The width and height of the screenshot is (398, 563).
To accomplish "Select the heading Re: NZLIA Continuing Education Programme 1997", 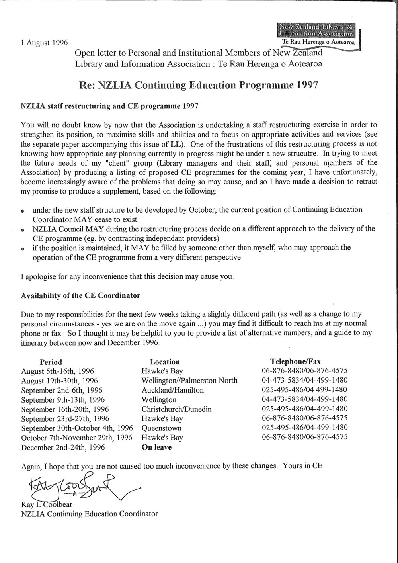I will click(197, 85).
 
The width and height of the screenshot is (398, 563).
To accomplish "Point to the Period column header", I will click(51, 362).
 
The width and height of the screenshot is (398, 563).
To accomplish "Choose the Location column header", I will click(165, 362).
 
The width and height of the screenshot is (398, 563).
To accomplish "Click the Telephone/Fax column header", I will click(295, 362).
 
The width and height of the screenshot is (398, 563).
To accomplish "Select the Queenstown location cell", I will click(161, 428).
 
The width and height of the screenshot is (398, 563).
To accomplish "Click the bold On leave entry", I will click(156, 448).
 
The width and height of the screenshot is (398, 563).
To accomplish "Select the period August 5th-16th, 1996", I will click(57, 371).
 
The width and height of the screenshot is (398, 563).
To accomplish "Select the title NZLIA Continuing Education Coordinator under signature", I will click(89, 514).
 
